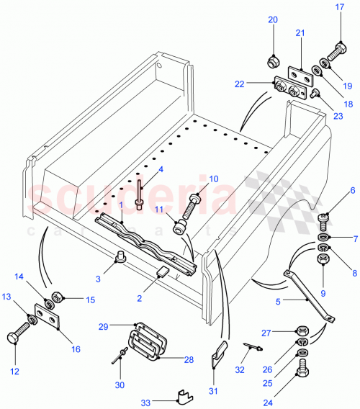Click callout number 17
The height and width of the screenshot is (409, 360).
[x=340, y=8]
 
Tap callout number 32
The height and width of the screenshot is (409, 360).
[x=240, y=369]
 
